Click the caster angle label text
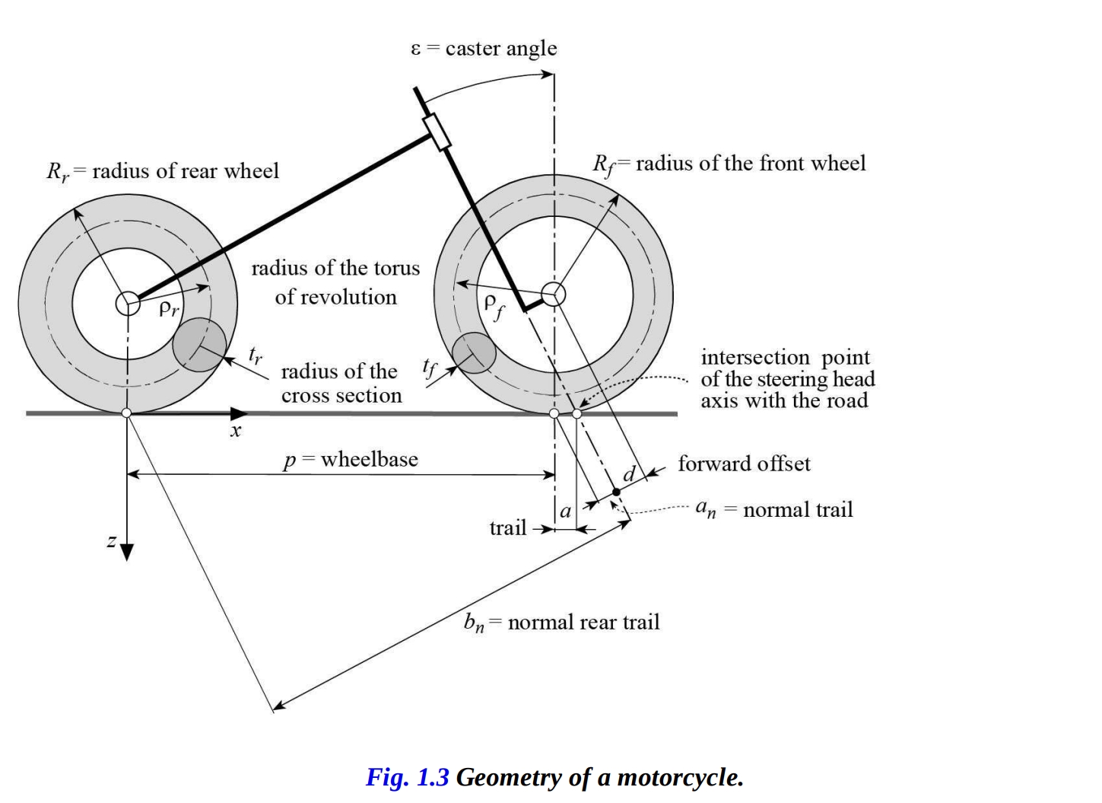pos(484,49)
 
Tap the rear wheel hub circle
pos(128,303)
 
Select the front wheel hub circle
pos(554,293)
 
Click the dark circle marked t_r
pos(199,345)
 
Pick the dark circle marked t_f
pos(474,353)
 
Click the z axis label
pos(112,541)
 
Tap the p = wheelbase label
pos(350,460)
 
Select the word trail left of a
pos(508,527)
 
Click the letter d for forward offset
pos(629,474)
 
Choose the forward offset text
pos(744,464)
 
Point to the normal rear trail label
pos(561,623)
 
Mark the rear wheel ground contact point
pos(127,413)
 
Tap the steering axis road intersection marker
pos(577,413)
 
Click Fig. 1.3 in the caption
pos(408,777)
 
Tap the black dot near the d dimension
pos(616,492)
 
